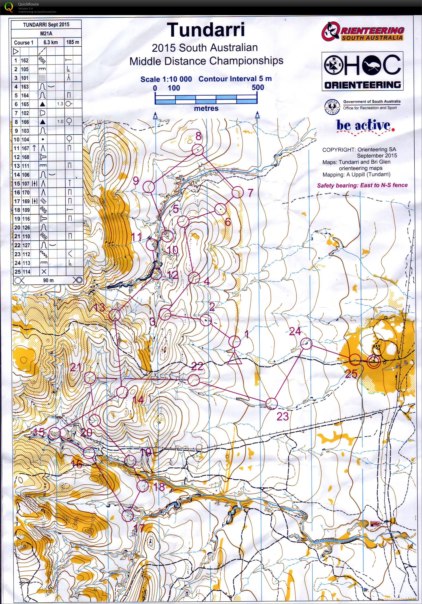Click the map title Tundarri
pyautogui.click(x=206, y=30)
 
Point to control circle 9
pyautogui.click(x=149, y=187)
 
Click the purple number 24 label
pyautogui.click(x=295, y=331)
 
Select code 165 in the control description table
pyautogui.click(x=25, y=104)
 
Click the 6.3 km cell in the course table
pyautogui.click(x=51, y=42)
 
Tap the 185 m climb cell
pyautogui.click(x=72, y=42)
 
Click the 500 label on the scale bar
pyautogui.click(x=258, y=88)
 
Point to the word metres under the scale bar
pyautogui.click(x=206, y=108)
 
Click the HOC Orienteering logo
pyautogui.click(x=362, y=71)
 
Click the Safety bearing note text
pyautogui.click(x=362, y=185)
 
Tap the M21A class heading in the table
pyautogui.click(x=46, y=33)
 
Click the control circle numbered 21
pyautogui.click(x=90, y=378)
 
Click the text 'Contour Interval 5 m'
pyautogui.click(x=235, y=79)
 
